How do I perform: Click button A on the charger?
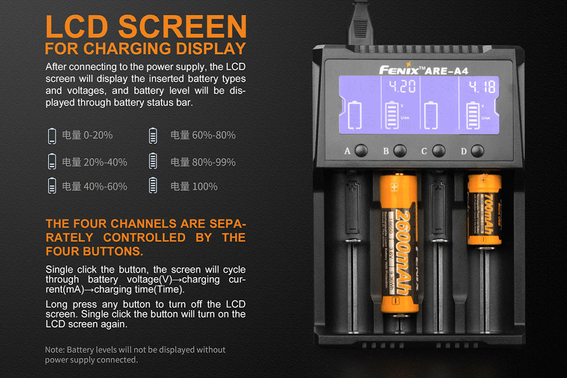(361, 151)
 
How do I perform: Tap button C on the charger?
(438, 151)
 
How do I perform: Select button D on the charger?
(477, 151)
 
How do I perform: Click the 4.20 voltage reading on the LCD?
(401, 87)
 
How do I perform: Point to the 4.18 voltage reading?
(481, 87)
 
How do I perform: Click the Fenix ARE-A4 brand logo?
(423, 70)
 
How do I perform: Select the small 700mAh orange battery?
(484, 210)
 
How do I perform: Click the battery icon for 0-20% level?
(52, 135)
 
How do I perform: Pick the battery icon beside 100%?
(153, 186)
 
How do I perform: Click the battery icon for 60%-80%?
(153, 135)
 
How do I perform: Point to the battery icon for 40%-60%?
(52, 186)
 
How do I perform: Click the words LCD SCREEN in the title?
(146, 26)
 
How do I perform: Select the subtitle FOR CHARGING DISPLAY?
(145, 48)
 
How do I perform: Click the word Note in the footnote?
(54, 350)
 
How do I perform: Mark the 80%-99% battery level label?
(202, 162)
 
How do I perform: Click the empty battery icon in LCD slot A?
(354, 116)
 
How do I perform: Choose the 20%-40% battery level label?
(94, 162)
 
